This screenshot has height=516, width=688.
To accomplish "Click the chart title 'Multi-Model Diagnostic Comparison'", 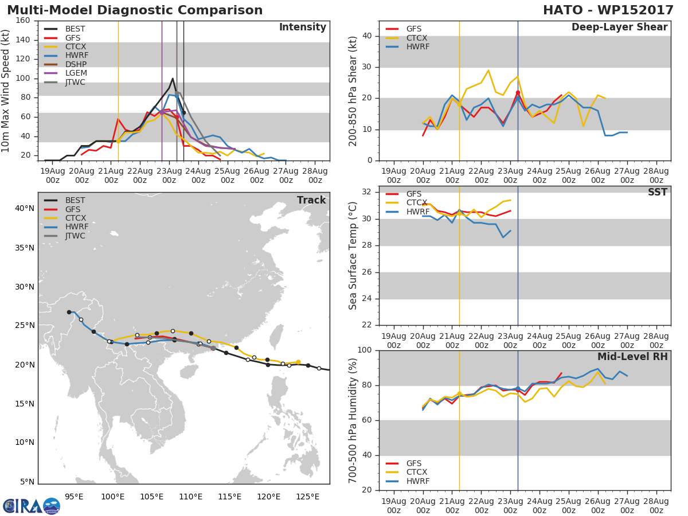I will [135, 10].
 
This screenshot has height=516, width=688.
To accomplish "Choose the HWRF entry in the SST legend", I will [417, 212].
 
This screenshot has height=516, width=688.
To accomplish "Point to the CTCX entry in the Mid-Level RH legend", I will [417, 472].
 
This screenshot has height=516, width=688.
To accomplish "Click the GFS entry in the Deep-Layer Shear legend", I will [414, 29].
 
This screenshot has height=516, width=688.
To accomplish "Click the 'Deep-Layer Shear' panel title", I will [619, 28].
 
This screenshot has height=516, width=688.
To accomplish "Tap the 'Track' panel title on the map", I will [311, 200].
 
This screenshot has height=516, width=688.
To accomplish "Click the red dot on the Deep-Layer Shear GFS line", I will [518, 93].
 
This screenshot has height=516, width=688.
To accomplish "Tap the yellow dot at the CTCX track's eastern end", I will [298, 362].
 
